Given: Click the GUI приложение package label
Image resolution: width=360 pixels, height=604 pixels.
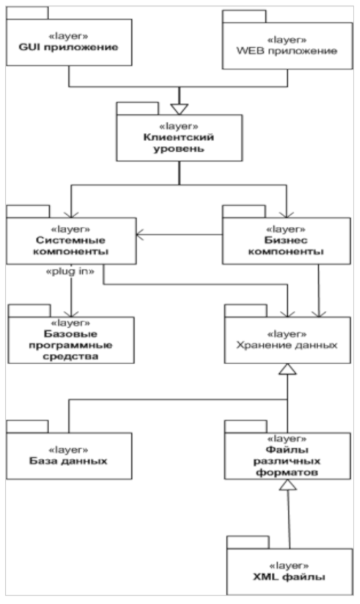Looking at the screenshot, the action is pyautogui.click(x=68, y=47).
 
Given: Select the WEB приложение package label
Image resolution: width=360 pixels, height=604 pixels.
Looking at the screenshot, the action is pyautogui.click(x=287, y=51).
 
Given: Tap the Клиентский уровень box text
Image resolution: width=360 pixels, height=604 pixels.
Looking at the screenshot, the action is pyautogui.click(x=179, y=143).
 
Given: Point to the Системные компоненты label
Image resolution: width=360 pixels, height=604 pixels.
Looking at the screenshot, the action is pyautogui.click(x=71, y=246).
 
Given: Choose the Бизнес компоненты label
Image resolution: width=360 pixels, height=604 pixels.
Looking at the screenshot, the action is pyautogui.click(x=286, y=246).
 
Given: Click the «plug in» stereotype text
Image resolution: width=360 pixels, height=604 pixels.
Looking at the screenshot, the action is pyautogui.click(x=70, y=272).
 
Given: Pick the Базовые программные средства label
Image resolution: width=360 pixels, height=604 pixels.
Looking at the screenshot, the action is pyautogui.click(x=71, y=345).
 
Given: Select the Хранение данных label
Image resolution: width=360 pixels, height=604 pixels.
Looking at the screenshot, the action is pyautogui.click(x=287, y=345).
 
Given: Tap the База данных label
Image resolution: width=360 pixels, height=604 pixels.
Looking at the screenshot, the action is pyautogui.click(x=68, y=461).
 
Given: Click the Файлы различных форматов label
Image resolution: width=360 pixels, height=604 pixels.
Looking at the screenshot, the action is pyautogui.click(x=287, y=461).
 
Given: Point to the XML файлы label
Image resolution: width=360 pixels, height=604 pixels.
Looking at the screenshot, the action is pyautogui.click(x=289, y=577).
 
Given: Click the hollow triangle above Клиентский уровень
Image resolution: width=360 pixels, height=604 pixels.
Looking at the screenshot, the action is pyautogui.click(x=179, y=109).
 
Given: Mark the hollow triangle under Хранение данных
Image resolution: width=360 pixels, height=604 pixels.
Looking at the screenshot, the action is pyautogui.click(x=288, y=369).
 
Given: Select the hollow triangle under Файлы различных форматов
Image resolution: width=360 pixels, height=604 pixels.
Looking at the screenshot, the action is pyautogui.click(x=288, y=485).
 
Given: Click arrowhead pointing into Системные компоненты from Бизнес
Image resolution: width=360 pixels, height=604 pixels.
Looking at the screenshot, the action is pyautogui.click(x=140, y=234).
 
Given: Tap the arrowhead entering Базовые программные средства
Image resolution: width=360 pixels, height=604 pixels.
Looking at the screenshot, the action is pyautogui.click(x=71, y=313).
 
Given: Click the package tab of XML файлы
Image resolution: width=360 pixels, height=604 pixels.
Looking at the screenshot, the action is pyautogui.click(x=248, y=542).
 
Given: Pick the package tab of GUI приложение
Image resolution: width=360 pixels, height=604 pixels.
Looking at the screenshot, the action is pyautogui.click(x=27, y=13).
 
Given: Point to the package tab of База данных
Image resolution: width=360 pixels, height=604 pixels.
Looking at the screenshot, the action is pyautogui.click(x=27, y=426).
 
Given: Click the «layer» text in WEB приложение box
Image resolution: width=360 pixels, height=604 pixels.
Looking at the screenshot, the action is pyautogui.click(x=287, y=40).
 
